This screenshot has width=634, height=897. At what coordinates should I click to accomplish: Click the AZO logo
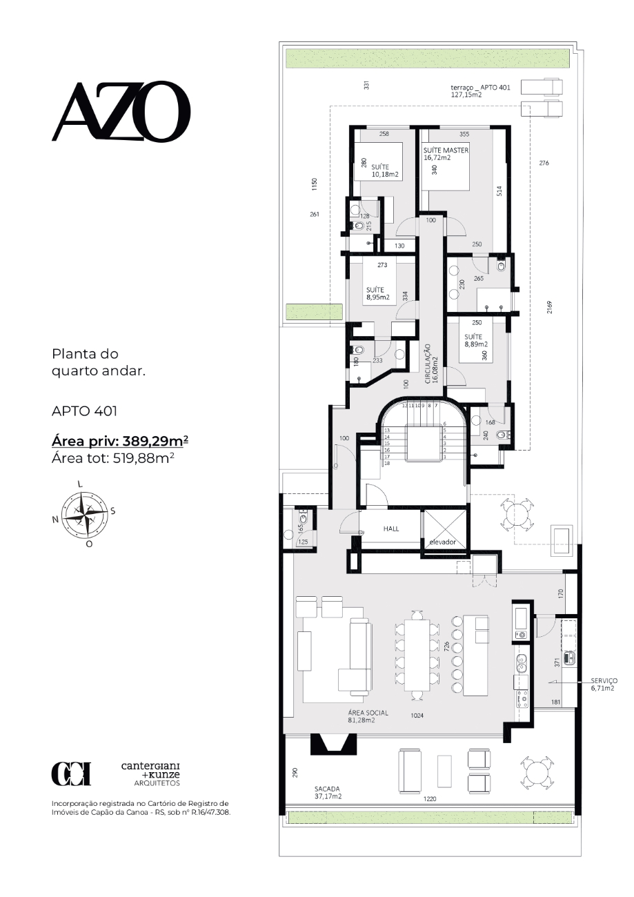121,111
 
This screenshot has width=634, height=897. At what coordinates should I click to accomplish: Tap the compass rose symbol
86,515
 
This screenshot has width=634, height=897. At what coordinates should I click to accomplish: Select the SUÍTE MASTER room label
446,150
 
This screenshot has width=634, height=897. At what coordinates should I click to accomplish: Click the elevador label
442,542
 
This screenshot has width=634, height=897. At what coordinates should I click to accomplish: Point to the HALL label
391,529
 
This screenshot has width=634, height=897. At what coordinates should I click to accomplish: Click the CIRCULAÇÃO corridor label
428,364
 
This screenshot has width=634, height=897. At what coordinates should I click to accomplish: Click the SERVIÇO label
604,681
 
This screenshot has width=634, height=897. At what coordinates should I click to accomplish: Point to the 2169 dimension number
550,307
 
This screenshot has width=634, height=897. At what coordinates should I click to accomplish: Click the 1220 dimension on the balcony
430,799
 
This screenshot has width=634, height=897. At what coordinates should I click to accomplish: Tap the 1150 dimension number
315,184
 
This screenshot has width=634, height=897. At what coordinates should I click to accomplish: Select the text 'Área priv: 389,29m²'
120,441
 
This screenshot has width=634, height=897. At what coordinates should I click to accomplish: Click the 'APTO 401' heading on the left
84,411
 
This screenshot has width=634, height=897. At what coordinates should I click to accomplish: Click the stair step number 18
387,463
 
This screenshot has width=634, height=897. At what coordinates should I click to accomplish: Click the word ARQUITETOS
157,783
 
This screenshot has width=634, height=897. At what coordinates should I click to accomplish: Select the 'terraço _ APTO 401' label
480,88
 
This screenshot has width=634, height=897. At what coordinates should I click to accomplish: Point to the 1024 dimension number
417,716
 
